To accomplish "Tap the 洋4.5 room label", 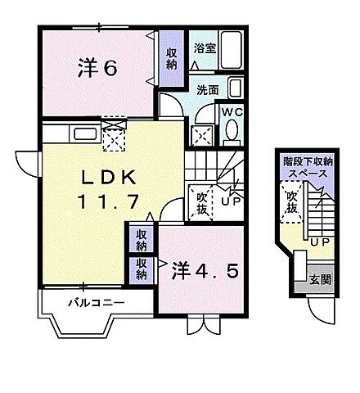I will click(208, 269).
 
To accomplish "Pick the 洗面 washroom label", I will click(206, 90).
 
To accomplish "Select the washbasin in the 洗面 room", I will click(235, 88).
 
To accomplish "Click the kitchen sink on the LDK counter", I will click(83, 132).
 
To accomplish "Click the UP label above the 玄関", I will click(320, 243).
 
